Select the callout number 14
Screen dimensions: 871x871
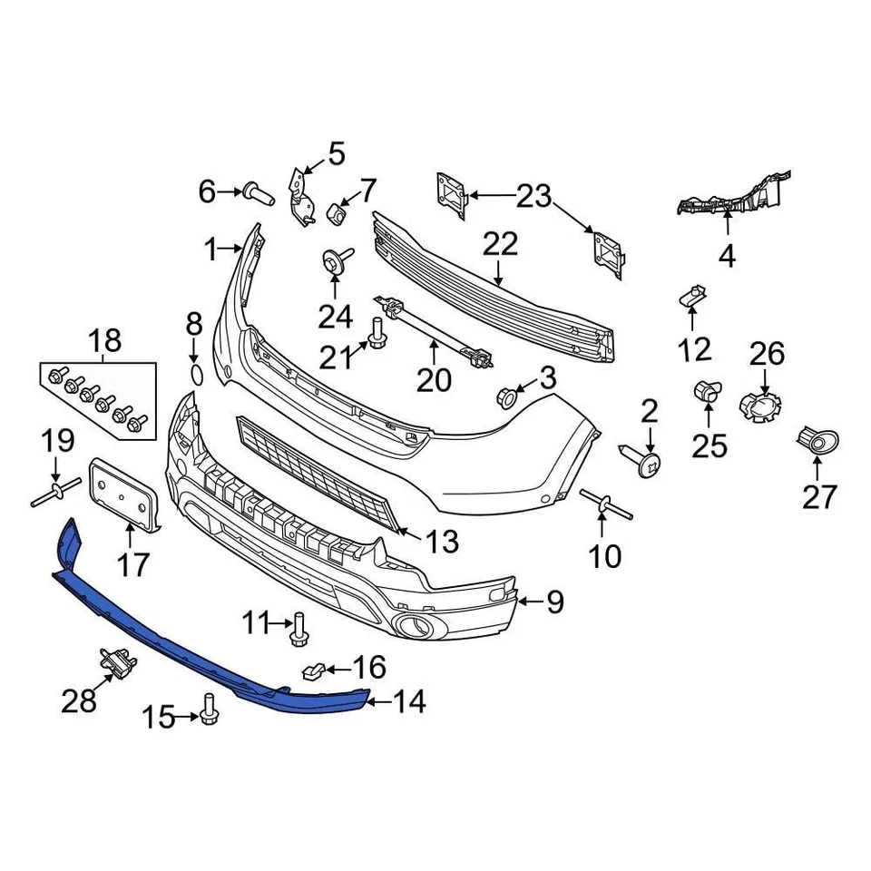coord(408,700)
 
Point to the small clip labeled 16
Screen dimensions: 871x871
coord(310,671)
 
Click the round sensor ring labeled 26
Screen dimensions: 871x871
coord(759,408)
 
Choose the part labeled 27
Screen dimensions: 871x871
coord(819,442)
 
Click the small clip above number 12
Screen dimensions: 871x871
coord(691,295)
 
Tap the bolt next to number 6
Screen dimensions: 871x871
coord(257,191)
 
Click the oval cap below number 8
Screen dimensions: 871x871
coord(194,376)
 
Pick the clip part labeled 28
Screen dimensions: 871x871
coord(117,664)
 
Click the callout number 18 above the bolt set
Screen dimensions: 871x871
coord(104,341)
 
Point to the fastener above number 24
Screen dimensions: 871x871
coord(334,259)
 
